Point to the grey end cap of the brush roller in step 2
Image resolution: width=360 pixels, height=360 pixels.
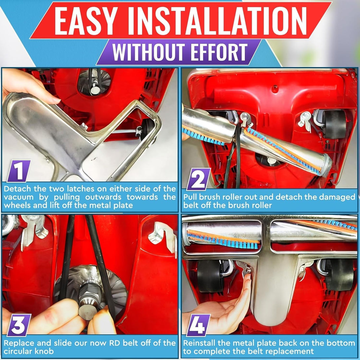pos(327,163)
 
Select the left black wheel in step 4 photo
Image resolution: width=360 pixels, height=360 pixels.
pos(210,276)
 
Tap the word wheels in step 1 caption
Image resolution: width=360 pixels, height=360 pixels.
pos(19,205)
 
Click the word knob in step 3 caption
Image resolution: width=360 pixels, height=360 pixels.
pos(47,351)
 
